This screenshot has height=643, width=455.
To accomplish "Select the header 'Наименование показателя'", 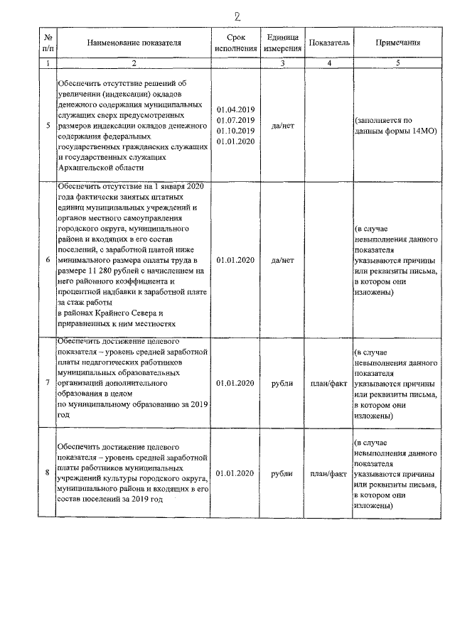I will pos(134,43).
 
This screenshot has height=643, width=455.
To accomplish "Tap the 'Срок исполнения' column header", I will pos(235,43).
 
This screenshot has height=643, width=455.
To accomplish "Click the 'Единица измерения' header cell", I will pos(283,43).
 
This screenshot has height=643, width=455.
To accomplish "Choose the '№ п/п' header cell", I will pos(47,43).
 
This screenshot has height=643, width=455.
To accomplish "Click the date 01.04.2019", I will pos(235,110).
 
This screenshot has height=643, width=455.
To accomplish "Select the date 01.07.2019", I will pos(235,121).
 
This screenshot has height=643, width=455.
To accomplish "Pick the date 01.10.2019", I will pos(235,131).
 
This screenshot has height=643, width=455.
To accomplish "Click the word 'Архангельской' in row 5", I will pos(87,168).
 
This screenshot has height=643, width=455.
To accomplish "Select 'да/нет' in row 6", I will pos(283,260).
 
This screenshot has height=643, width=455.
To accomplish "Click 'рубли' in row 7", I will pos(283,384).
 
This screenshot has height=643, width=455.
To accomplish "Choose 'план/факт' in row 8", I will pos(328,472).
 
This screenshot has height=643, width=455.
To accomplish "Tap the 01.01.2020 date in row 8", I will pos(235,472).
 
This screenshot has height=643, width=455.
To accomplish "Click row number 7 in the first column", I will pos(47,384).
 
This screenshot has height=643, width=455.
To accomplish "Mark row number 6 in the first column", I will pos(47,260).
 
